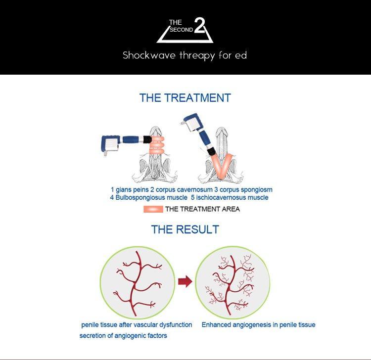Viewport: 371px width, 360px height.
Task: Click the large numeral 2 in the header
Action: pos(200,25)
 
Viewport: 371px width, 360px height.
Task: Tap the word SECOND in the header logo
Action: pos(181,30)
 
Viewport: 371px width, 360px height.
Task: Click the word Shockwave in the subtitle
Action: pos(149,55)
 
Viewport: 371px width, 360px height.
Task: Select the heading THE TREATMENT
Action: pos(185,98)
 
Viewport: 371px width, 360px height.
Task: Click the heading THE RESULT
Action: pos(185,229)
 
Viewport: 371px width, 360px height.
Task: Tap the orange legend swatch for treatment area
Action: pos(153,209)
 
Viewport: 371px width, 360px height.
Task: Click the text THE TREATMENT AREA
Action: pos(202,209)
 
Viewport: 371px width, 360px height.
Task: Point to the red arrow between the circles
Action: pos(185,281)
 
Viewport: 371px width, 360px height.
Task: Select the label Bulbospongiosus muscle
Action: pos(151,197)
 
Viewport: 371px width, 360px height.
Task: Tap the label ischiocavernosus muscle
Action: pos(232,197)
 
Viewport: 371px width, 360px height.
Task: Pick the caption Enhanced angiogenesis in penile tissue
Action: pos(258,325)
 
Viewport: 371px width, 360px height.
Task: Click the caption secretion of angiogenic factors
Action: pos(123,336)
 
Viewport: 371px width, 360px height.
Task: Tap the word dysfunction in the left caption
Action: pos(176,325)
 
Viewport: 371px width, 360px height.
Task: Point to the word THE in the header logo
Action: pos(176,22)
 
